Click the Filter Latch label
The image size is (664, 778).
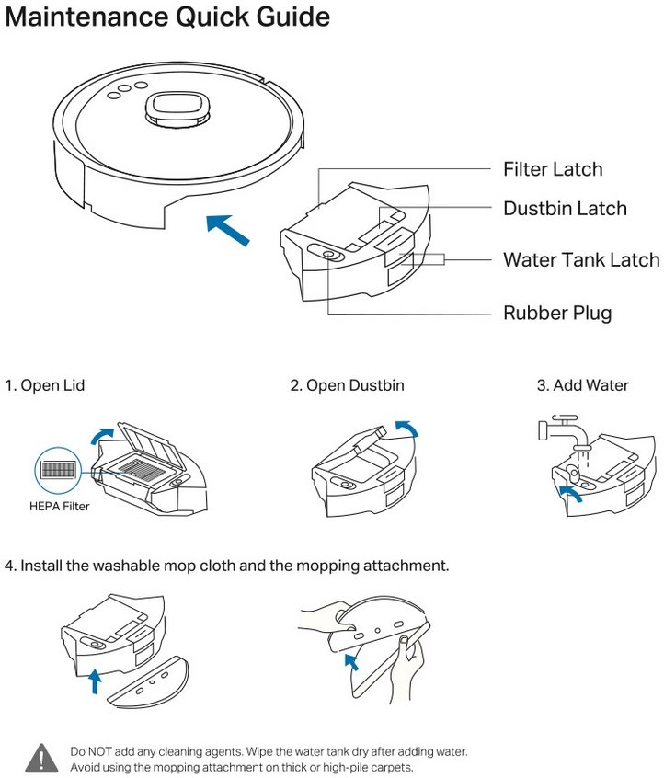pyautogui.click(x=553, y=169)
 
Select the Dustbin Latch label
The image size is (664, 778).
pyautogui.click(x=565, y=209)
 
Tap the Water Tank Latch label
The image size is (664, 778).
pyautogui.click(x=581, y=259)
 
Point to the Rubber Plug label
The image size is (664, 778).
pyautogui.click(x=557, y=313)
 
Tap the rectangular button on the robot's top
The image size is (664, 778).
pyautogui.click(x=175, y=108)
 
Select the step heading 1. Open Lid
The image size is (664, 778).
pyautogui.click(x=45, y=385)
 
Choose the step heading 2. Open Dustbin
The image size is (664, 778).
pyautogui.click(x=347, y=385)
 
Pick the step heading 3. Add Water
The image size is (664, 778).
pyautogui.click(x=582, y=385)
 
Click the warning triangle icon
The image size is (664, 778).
pyautogui.click(x=40, y=758)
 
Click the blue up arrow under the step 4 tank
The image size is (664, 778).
pyautogui.click(x=94, y=681)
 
